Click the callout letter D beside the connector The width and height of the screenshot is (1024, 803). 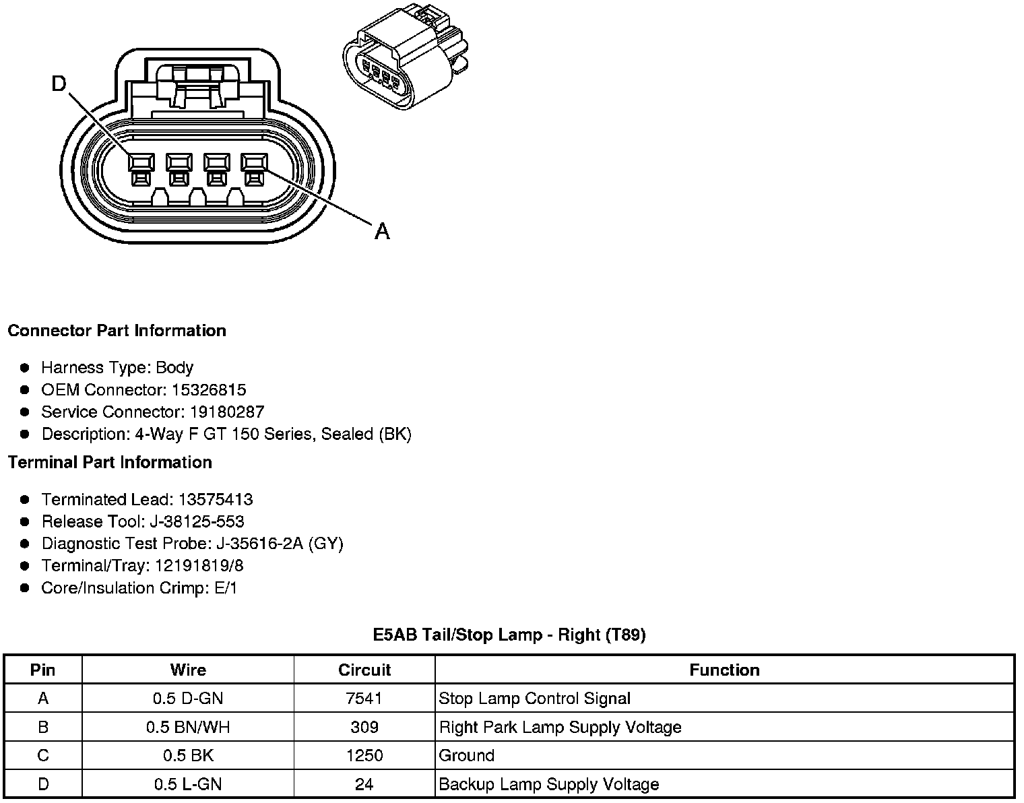60,84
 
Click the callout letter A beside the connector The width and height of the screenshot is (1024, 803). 382,231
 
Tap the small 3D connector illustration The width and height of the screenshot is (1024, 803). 404,64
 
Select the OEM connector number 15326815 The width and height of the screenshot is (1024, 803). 209,390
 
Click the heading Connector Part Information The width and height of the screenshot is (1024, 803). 117,331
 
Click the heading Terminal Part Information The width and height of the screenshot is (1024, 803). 110,463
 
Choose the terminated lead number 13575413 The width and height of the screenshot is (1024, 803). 216,500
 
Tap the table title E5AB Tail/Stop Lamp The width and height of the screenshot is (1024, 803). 509,635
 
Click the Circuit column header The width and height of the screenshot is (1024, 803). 364,670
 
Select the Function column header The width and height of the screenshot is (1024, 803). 724,670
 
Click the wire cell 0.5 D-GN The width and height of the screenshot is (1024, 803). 188,699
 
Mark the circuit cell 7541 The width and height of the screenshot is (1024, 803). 364,699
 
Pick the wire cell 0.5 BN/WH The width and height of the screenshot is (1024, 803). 188,728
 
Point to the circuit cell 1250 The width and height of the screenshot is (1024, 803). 364,756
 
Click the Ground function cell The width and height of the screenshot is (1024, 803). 467,756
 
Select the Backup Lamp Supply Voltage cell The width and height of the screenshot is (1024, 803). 548,785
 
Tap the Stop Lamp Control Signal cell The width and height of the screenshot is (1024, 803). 534,699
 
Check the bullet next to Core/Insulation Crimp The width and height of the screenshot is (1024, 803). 25,588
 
